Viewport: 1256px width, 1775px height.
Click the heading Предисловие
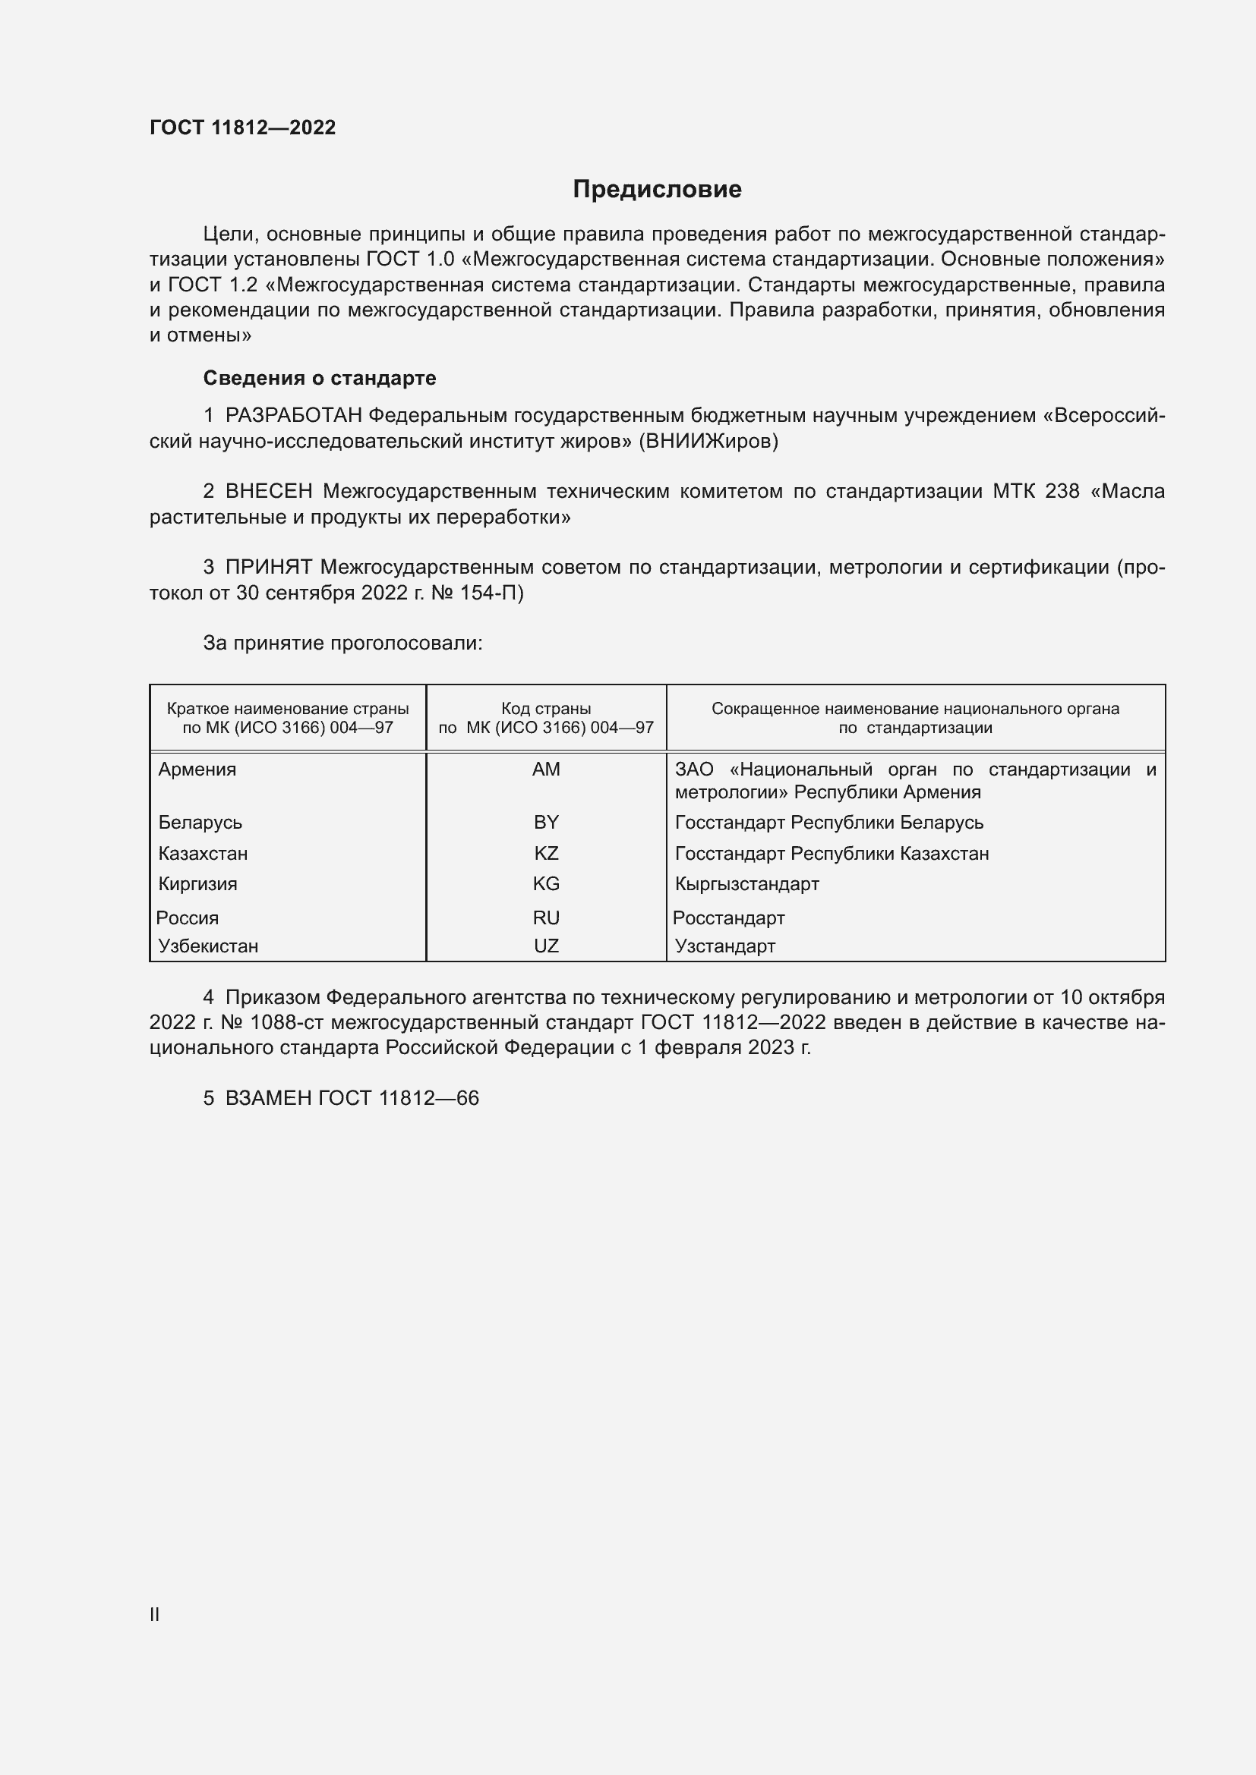pos(657,190)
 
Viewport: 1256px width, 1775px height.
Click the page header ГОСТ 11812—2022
pos(242,127)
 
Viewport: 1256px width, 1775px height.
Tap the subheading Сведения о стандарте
pos(319,378)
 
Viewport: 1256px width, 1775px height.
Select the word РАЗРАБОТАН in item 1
pos(293,416)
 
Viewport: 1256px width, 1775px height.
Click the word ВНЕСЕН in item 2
pos(268,492)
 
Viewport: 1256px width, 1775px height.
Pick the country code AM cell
pos(546,769)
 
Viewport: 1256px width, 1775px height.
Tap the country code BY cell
pos(546,823)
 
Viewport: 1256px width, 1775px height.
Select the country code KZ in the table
pos(546,854)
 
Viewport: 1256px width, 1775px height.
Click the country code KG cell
pos(546,883)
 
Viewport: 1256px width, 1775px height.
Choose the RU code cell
pos(546,917)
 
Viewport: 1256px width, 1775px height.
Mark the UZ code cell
pos(546,946)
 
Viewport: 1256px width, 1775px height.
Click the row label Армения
pos(197,769)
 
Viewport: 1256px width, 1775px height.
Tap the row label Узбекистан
pos(208,946)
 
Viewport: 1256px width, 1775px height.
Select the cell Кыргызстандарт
pos(746,883)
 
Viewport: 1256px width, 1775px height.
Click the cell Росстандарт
pos(728,917)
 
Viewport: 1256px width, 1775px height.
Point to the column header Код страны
pos(546,709)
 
